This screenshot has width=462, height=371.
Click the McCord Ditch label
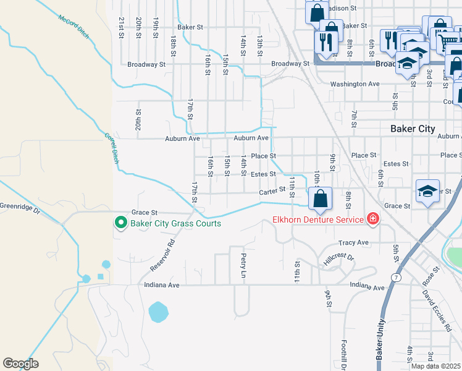[74, 27]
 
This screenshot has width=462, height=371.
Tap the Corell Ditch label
[111, 149]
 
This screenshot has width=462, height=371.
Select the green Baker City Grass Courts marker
[121, 223]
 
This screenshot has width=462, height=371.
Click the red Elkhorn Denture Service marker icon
[372, 218]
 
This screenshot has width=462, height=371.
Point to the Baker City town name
[413, 129]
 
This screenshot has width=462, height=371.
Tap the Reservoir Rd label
[163, 255]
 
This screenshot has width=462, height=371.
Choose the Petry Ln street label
[244, 265]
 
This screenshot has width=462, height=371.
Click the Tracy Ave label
[353, 242]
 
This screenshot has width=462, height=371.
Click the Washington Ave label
[355, 83]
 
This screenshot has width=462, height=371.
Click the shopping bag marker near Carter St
[320, 199]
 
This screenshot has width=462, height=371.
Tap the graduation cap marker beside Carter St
[427, 191]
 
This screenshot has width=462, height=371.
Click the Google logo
[20, 364]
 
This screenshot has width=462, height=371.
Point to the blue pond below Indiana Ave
[158, 311]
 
